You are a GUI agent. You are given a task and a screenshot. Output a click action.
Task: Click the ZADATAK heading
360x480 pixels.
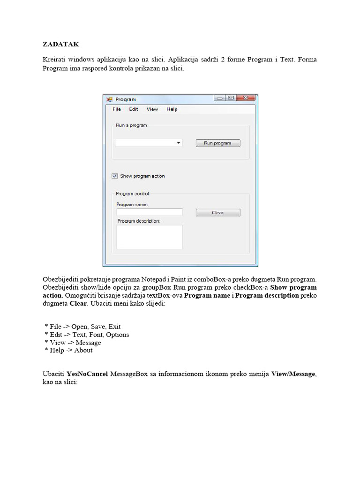61,45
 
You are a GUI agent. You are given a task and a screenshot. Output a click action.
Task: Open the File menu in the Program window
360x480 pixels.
117,109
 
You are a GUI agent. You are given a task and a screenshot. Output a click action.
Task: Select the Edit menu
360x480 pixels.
134,109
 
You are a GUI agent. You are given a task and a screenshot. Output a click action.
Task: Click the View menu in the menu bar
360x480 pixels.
152,109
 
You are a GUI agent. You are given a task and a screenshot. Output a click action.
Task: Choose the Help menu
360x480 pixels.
172,109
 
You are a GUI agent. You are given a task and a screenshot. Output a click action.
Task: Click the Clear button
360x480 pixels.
217,213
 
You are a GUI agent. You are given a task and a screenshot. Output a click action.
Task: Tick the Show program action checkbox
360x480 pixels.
115,176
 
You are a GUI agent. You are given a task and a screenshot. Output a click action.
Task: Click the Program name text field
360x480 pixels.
149,212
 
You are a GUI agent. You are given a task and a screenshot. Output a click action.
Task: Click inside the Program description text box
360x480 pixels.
149,237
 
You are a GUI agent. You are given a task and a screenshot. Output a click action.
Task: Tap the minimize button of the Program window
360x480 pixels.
220,98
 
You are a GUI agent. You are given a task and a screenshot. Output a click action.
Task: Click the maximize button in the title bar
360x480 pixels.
231,98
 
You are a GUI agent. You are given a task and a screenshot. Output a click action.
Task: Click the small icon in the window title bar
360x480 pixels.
110,99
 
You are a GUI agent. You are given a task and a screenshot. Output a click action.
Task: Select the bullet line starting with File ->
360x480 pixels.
82,327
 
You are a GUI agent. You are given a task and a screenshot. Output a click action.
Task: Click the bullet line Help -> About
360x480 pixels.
68,350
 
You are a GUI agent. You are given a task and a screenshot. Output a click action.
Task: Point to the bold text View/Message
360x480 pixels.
292,374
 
